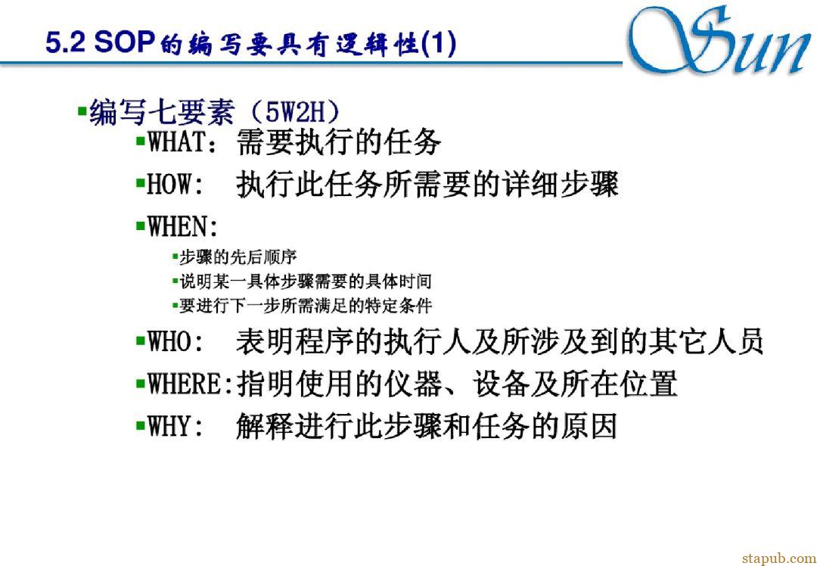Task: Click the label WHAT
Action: (x=176, y=143)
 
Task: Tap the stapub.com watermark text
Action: (x=778, y=558)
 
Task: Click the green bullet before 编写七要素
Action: (x=82, y=110)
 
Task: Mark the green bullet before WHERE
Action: (x=140, y=384)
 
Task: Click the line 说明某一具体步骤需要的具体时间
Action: (x=306, y=282)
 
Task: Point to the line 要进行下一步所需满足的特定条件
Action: (x=306, y=306)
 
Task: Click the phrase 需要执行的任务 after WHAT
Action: (x=339, y=143)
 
